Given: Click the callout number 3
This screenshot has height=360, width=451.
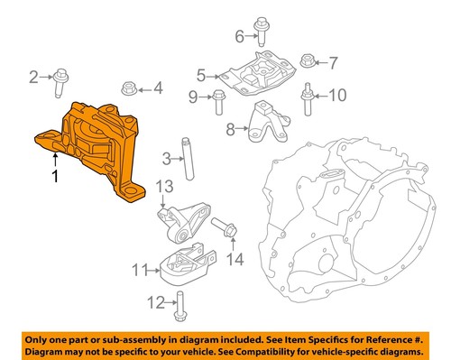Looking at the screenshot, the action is point(167,161).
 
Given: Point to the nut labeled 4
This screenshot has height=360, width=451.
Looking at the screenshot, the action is point(127,89).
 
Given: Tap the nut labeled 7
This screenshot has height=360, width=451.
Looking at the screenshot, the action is point(306,63).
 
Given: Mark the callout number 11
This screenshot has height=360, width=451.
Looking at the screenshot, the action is point(139,269).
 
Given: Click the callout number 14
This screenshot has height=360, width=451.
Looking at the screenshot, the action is point(235,261).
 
